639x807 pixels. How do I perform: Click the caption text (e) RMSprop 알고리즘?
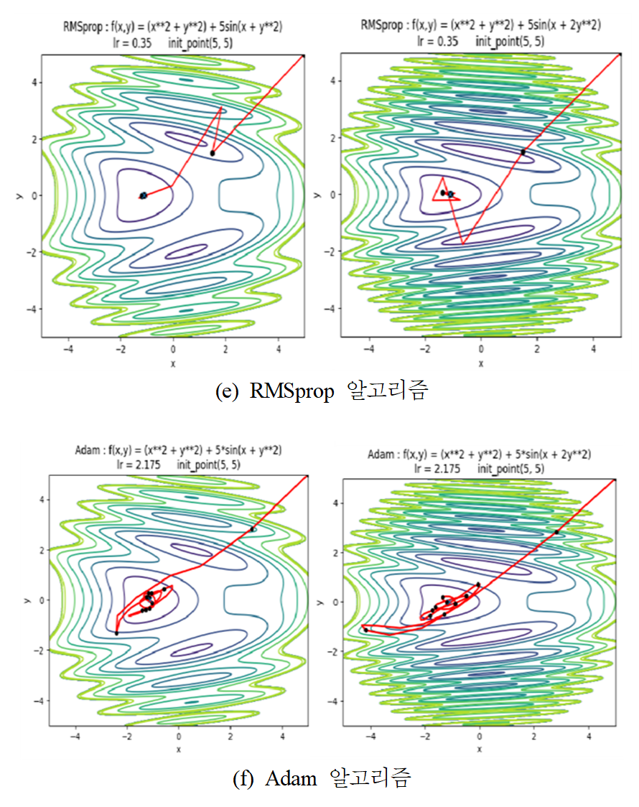coord(322,391)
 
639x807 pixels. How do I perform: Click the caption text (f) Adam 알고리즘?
coord(322,778)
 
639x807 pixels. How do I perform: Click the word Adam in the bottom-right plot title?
coord(380,454)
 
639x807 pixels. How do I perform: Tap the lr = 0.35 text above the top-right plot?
coord(438,41)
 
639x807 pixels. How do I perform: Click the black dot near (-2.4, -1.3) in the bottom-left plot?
coord(116,633)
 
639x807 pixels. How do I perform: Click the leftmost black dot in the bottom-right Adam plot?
coord(366,630)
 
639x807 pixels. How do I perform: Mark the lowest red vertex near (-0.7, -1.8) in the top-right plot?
coord(463,244)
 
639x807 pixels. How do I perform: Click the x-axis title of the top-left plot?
coord(173,363)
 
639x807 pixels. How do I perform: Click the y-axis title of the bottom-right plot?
coord(327,602)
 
